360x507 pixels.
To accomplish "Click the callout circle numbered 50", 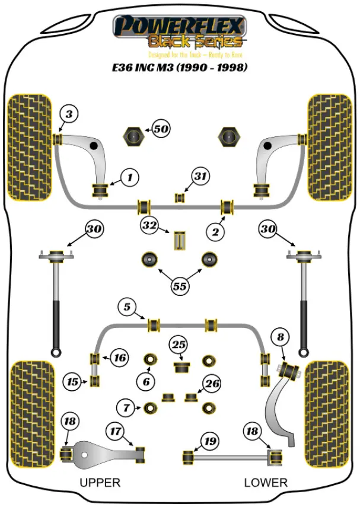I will pos(161,129).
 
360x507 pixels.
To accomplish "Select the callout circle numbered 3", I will pos(69,114).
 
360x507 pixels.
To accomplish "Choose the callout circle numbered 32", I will pos(148,225).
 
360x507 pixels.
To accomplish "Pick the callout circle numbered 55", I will pos(180,286).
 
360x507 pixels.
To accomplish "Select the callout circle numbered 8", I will pos(280,337).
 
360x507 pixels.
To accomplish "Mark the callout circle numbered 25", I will pos(178,344).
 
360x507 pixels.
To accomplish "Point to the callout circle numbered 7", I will pos(125,407).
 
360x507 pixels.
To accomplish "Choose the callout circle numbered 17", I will pos(115,431).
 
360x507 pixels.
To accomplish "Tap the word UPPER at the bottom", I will pos(100,483).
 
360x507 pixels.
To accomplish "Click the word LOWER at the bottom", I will pos(265,483).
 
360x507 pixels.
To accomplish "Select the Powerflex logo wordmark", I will pos(179,26).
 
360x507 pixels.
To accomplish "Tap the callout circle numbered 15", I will pos(72,382).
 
